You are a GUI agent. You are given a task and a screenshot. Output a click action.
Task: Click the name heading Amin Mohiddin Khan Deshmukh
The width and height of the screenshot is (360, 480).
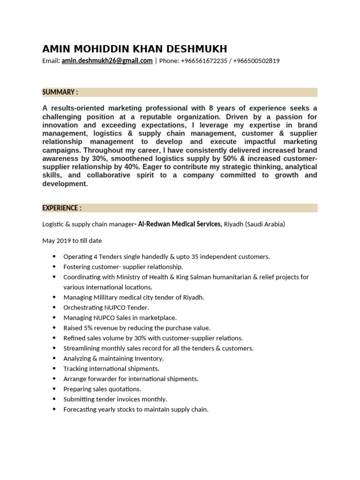(x=135, y=49)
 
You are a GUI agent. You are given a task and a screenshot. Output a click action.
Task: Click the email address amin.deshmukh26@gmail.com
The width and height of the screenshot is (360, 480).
(x=107, y=61)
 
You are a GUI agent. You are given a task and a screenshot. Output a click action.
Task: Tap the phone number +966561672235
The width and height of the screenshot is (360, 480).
(x=204, y=61)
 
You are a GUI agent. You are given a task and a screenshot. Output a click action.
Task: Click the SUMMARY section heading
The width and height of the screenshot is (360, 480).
(x=60, y=92)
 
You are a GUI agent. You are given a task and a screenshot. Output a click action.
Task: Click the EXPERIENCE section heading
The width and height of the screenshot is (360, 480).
(x=62, y=208)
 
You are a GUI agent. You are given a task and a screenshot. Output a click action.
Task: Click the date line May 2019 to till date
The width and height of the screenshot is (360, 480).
(x=72, y=240)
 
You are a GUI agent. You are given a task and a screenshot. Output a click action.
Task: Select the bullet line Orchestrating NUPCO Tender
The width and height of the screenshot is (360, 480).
(x=106, y=307)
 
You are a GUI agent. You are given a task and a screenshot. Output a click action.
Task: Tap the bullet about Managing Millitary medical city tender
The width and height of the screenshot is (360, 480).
(x=134, y=297)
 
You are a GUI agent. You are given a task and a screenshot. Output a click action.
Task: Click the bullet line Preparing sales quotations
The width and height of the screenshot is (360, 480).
(x=102, y=389)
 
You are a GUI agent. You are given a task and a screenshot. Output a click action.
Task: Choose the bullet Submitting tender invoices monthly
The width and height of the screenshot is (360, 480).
(x=115, y=399)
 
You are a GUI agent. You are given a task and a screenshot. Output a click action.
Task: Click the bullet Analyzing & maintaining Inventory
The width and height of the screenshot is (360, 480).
(x=113, y=359)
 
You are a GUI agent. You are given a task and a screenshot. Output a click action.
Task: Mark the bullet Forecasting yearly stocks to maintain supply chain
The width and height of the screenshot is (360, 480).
(x=135, y=409)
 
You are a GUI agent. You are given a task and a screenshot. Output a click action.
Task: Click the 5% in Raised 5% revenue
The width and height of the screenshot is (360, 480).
(x=88, y=328)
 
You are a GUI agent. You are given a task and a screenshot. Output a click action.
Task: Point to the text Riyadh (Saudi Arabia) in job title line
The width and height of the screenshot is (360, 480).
(x=255, y=224)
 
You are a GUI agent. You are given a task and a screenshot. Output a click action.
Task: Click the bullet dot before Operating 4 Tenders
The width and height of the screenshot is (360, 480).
(x=54, y=256)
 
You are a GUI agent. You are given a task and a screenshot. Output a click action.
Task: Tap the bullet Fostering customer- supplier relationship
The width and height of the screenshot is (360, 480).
(x=123, y=267)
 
